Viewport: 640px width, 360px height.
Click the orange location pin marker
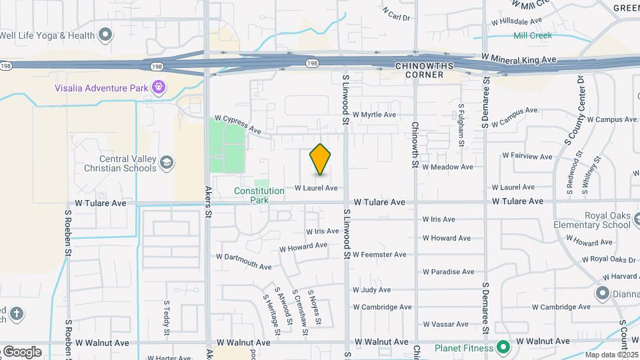pyautogui.click(x=321, y=159)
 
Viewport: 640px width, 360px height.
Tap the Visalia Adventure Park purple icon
pyautogui.click(x=158, y=87)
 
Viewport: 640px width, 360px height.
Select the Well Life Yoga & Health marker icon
pyautogui.click(x=105, y=35)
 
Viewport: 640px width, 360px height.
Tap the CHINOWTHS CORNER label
pyautogui.click(x=419, y=70)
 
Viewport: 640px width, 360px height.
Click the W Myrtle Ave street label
pyautogui.click(x=374, y=115)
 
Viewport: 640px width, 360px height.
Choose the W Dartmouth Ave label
pyautogui.click(x=243, y=262)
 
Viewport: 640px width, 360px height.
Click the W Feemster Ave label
pyautogui.click(x=379, y=255)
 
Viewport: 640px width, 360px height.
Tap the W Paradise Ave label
pyautogui.click(x=447, y=272)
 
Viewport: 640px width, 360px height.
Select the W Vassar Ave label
pyautogui.click(x=446, y=325)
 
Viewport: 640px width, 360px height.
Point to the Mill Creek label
pyautogui.click(x=532, y=35)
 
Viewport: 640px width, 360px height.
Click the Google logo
pyautogui.click(x=21, y=352)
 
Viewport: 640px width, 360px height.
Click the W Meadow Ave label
pyautogui.click(x=447, y=167)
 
